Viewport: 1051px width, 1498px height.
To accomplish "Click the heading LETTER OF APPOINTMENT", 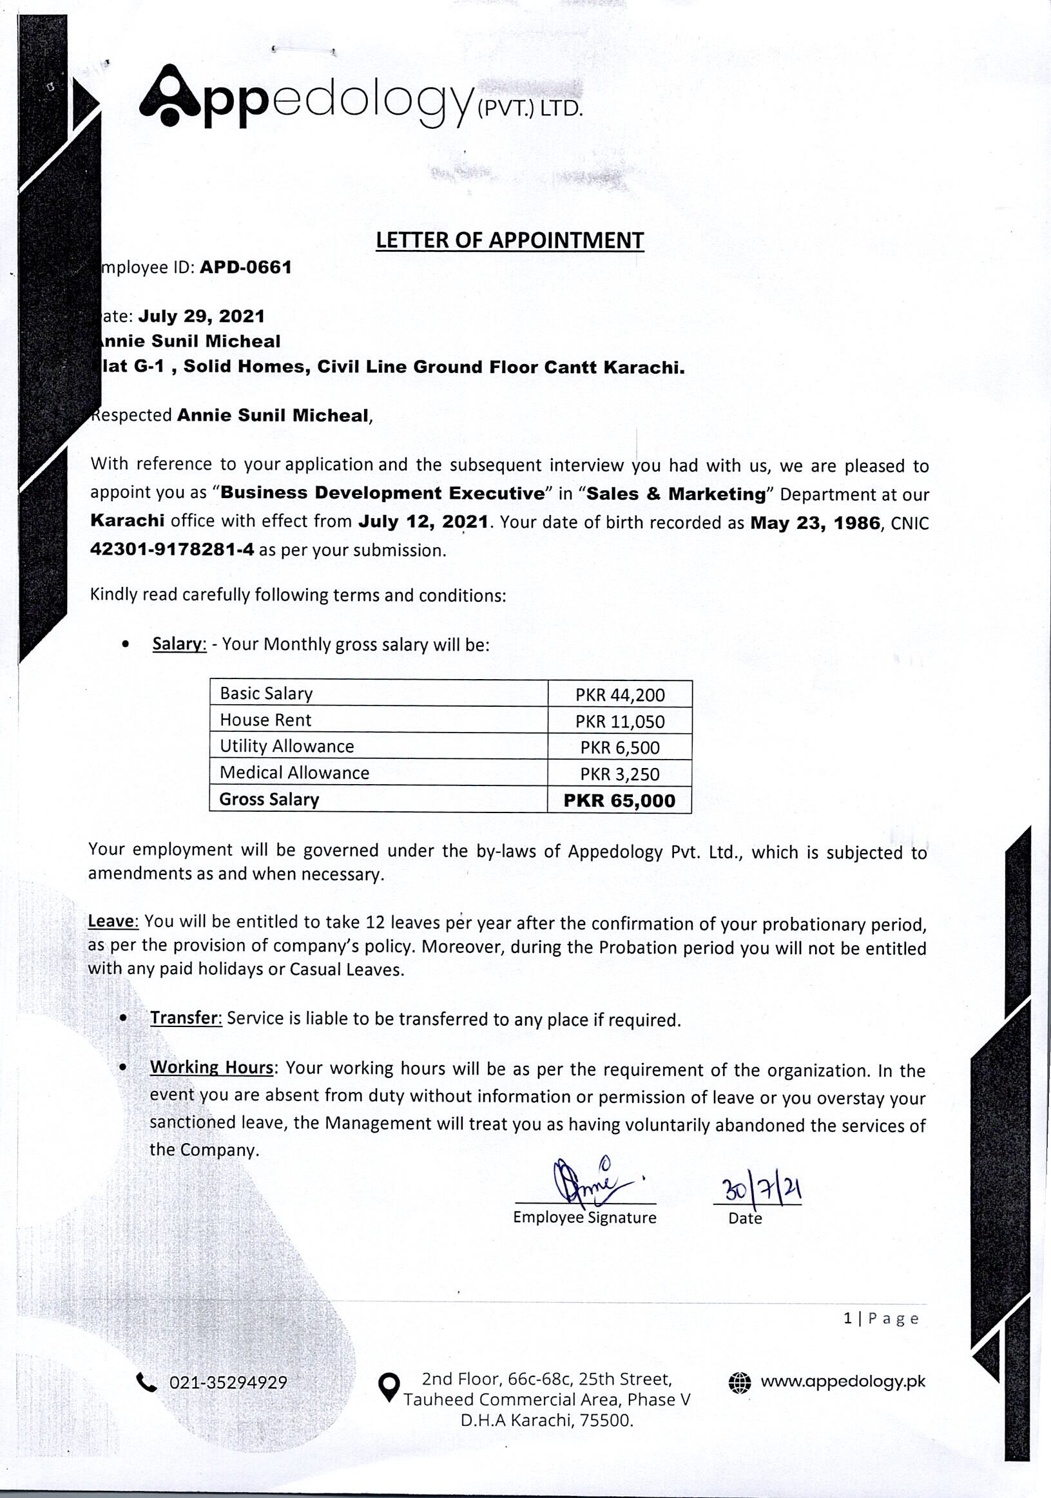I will coord(510,241).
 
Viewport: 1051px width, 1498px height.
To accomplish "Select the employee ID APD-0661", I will coord(246,267).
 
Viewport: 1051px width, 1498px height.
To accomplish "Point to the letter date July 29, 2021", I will coord(201,316).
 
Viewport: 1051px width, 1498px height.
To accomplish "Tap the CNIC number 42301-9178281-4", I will coord(172,550).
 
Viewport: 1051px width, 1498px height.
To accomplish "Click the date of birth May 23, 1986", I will coord(815,523).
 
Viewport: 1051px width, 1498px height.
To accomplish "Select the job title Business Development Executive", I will coord(382,494).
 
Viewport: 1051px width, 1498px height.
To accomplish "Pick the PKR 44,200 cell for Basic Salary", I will coord(620,695).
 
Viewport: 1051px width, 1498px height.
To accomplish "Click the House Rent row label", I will coord(265,720).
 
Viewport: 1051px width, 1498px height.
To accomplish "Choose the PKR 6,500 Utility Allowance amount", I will coord(620,747).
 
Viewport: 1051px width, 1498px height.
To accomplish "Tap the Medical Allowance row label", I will coord(294,773).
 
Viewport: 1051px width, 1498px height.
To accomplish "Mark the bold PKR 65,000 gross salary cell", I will coord(620,800).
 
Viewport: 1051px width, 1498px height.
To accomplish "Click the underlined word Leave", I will coord(113,921).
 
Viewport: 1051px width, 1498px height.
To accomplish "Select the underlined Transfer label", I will coord(186,1019).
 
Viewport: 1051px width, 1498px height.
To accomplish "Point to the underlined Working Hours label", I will coord(211,1068).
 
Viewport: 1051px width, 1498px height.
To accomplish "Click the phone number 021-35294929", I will coord(227,1383).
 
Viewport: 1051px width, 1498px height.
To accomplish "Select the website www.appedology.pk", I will coord(842,1381).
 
